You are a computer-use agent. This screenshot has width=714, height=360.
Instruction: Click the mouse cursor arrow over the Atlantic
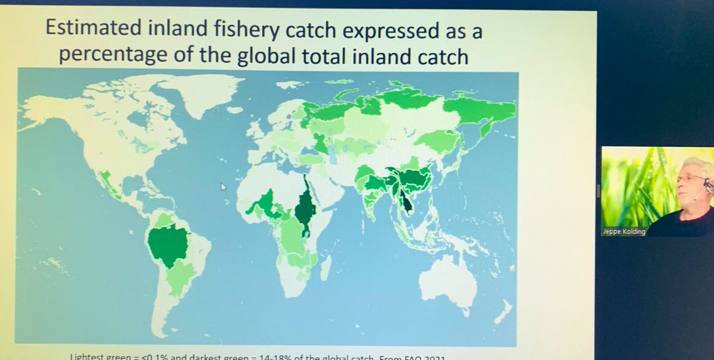coord(224,187)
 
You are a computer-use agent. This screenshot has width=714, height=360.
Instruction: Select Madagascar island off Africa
coord(326,268)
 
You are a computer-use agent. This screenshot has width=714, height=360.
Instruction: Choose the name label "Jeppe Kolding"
coord(622,231)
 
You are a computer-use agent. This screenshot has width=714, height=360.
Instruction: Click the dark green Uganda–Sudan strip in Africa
coord(306,208)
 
